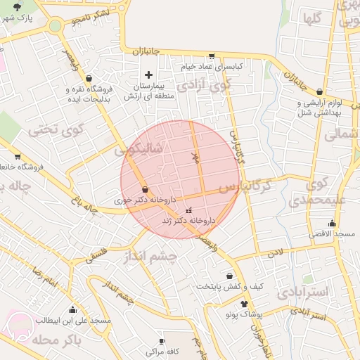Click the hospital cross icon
pyautogui.click(x=148, y=75)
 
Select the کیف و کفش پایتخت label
pyautogui.click(x=229, y=286)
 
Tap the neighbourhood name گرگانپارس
pyautogui.click(x=243, y=188)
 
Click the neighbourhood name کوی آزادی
pyautogui.click(x=203, y=85)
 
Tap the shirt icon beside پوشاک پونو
pyautogui.click(x=244, y=304)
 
